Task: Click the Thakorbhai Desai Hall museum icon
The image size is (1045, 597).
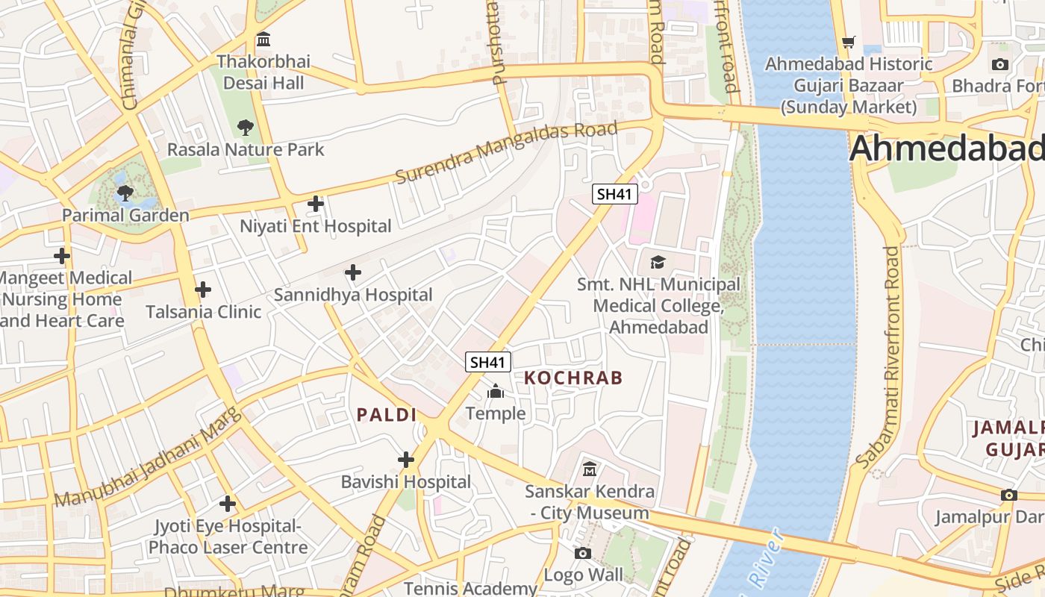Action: pyautogui.click(x=263, y=39)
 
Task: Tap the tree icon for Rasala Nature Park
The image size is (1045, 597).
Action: pyautogui.click(x=245, y=128)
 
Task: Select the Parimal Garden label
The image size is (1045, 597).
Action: pyautogui.click(x=125, y=216)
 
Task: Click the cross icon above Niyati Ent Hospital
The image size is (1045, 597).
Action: pyautogui.click(x=316, y=203)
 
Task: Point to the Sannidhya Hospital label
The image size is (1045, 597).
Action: pyautogui.click(x=353, y=295)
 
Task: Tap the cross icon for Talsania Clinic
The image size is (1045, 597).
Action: pyautogui.click(x=202, y=290)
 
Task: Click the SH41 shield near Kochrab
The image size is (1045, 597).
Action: pyautogui.click(x=488, y=362)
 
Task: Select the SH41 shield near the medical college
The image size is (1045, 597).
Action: pyautogui.click(x=615, y=194)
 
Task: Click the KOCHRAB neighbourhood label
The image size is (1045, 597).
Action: pyautogui.click(x=573, y=378)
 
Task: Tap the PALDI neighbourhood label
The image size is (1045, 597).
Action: pyautogui.click(x=386, y=415)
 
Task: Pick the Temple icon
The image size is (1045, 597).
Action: pyautogui.click(x=496, y=391)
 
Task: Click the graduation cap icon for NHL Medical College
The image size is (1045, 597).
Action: pyautogui.click(x=658, y=262)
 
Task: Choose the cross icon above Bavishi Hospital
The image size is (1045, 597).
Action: pyautogui.click(x=406, y=460)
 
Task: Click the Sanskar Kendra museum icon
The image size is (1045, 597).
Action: pyautogui.click(x=590, y=469)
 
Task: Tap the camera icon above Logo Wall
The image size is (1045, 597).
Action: pyautogui.click(x=583, y=553)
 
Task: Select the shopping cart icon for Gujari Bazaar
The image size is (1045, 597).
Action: pyautogui.click(x=848, y=42)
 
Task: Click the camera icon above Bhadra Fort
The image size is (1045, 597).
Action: pyautogui.click(x=1000, y=64)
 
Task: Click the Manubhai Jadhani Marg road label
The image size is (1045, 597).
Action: pyautogui.click(x=149, y=458)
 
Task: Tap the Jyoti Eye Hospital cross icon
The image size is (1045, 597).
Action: pyautogui.click(x=228, y=504)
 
